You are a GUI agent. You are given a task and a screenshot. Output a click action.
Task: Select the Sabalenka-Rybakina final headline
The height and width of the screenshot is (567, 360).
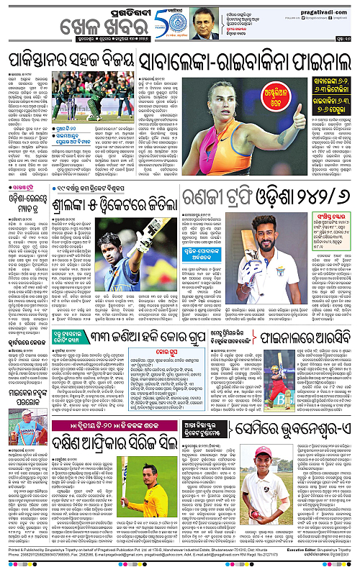click(x=240, y=60)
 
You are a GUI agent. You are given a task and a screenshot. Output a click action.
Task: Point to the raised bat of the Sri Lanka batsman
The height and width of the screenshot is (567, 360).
click(x=150, y=234)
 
